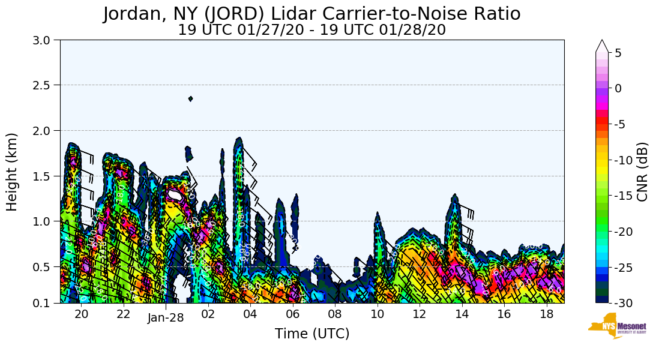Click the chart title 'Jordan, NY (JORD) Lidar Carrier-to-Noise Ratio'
(x=311, y=14)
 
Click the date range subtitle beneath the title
(x=311, y=30)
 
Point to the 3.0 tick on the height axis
(x=45, y=40)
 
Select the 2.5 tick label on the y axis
(x=45, y=85)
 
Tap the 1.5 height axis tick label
(x=45, y=176)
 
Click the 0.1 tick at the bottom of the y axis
(x=45, y=303)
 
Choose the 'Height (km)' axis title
(x=12, y=172)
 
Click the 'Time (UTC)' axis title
(x=311, y=334)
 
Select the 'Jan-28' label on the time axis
(x=166, y=319)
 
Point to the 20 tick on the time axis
(x=82, y=314)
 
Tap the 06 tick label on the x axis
(x=292, y=314)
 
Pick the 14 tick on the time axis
(x=462, y=314)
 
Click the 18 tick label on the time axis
(x=546, y=314)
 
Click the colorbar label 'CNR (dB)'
(x=642, y=172)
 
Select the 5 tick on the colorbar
(x=618, y=53)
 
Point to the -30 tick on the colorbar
(x=622, y=303)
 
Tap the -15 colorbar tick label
(x=622, y=196)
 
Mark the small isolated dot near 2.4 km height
(x=190, y=98)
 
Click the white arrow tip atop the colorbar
(x=602, y=45)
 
